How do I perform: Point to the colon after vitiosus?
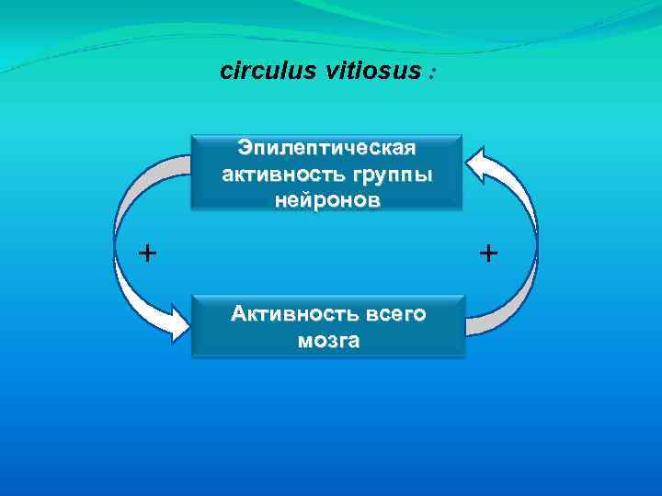[430, 73]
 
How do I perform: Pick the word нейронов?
[327, 200]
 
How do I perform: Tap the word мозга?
[328, 341]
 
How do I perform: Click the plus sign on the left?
[145, 253]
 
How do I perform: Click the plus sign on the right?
[488, 253]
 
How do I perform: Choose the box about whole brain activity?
[328, 326]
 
